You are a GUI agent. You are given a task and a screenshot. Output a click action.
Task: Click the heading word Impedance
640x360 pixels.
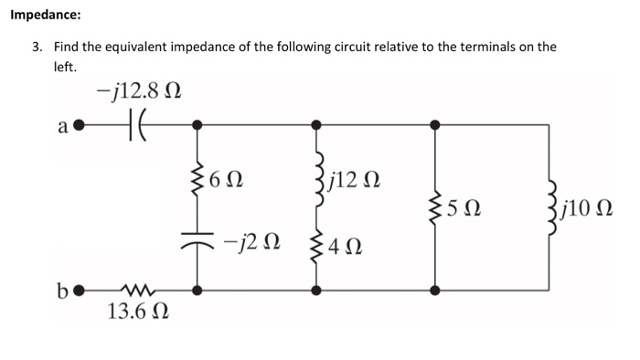coord(43,16)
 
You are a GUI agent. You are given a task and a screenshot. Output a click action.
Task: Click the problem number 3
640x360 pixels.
coord(37,47)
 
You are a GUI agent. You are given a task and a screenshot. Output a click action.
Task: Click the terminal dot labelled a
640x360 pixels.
coord(80,122)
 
